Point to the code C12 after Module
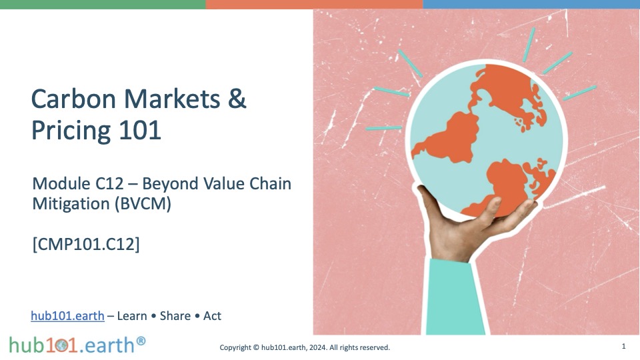point(109,184)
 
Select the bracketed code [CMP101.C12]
point(86,244)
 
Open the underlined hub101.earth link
point(67,316)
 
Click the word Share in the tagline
point(175,316)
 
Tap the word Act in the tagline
point(212,316)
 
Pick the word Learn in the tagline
point(132,316)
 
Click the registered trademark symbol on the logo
point(141,341)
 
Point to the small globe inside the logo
point(61,346)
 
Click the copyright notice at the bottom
point(305,347)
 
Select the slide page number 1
point(624,346)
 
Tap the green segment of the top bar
point(103,5)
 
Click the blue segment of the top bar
point(531,5)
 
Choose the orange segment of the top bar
point(314,5)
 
